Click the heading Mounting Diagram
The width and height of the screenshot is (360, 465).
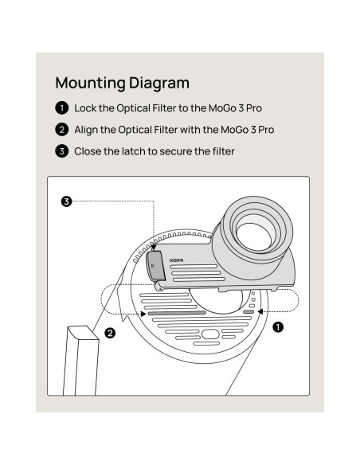[123, 83]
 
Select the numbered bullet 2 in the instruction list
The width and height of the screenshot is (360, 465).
[61, 129]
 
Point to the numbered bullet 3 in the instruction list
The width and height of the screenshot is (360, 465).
[61, 150]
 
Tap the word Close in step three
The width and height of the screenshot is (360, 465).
[88, 150]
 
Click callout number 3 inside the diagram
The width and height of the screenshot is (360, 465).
[67, 202]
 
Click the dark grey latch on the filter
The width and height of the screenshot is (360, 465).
[156, 264]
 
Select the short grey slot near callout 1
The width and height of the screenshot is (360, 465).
[248, 313]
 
